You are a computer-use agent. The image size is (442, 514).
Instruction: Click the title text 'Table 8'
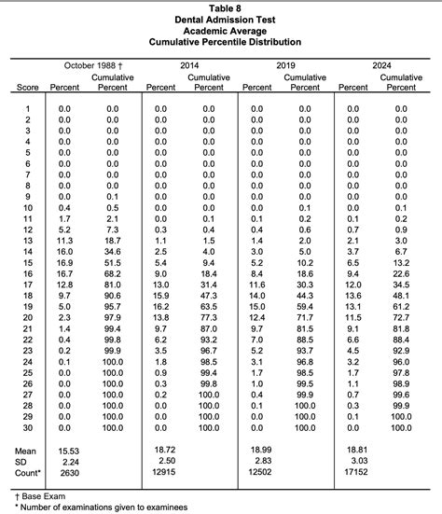pyautogui.click(x=220, y=7)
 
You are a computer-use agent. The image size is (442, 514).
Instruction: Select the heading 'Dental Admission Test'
pyautogui.click(x=220, y=19)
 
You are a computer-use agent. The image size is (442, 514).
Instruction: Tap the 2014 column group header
pyautogui.click(x=189, y=65)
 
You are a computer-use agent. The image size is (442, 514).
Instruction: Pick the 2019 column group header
pyautogui.click(x=286, y=65)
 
